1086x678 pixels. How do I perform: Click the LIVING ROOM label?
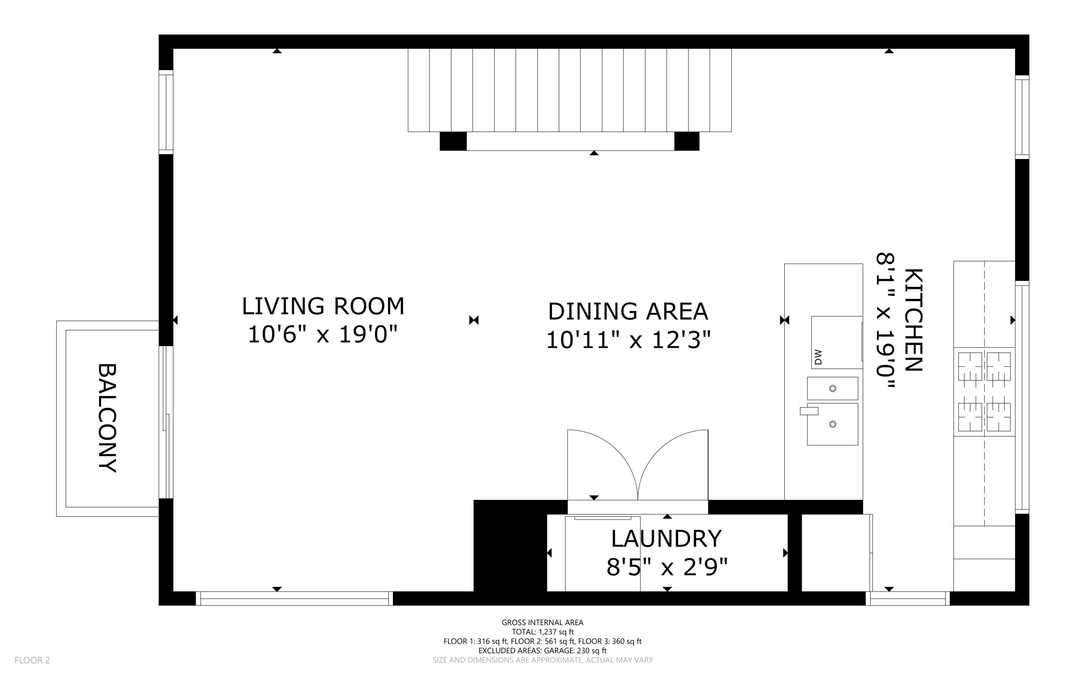tap(322, 306)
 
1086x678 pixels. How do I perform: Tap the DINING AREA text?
tap(628, 311)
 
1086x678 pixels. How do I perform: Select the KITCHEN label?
tap(913, 320)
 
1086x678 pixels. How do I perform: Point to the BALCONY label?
tap(107, 418)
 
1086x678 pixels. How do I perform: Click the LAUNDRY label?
tap(666, 539)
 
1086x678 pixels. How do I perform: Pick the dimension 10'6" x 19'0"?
tap(322, 334)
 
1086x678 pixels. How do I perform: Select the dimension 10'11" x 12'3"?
tap(628, 340)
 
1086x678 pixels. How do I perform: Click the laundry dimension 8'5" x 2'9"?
tap(667, 567)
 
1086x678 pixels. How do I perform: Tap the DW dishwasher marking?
tap(818, 357)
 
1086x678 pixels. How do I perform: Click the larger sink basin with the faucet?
tap(833, 424)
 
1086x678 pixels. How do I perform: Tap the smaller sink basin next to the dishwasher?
tap(833, 389)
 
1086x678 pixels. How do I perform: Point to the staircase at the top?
tap(570, 90)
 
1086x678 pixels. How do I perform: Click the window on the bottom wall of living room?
tap(294, 598)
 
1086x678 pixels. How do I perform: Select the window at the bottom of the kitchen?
tap(908, 598)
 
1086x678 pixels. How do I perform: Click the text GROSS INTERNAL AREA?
tap(542, 622)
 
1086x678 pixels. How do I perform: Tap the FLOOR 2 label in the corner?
tap(32, 660)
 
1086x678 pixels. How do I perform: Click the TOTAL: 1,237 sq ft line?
tap(542, 632)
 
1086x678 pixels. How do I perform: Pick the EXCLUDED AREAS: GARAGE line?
tap(542, 650)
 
